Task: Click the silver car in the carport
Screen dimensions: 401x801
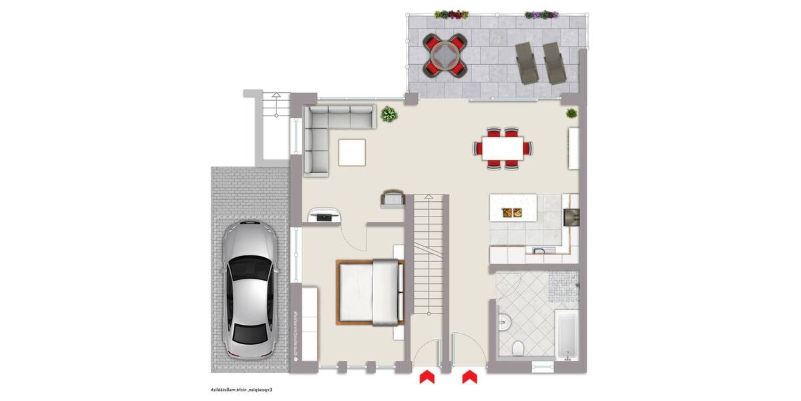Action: tap(248, 289)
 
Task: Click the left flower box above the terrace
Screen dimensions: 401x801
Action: tap(451, 14)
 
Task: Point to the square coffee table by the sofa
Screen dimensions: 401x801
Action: tap(352, 152)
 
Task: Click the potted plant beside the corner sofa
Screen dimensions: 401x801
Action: tap(388, 116)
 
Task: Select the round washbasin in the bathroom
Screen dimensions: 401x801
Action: tap(504, 323)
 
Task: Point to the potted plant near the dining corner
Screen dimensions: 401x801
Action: tap(572, 114)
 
